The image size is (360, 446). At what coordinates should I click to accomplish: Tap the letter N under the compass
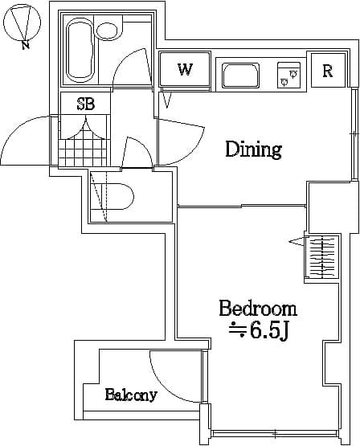tap(27, 45)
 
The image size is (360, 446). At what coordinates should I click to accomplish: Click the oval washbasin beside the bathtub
tap(107, 31)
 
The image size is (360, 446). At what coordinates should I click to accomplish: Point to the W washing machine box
tap(185, 69)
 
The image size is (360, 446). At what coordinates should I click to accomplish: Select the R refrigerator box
tap(328, 71)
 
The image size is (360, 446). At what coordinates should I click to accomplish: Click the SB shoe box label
tap(85, 104)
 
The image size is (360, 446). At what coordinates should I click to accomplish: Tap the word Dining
tap(253, 149)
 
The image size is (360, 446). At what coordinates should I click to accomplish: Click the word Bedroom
tap(258, 309)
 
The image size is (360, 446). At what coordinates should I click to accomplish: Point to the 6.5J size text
tap(260, 330)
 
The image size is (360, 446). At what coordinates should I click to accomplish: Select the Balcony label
tap(130, 395)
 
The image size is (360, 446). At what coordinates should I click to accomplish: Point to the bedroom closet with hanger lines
tap(321, 257)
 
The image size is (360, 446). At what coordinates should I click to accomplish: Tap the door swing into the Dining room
tap(181, 141)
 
